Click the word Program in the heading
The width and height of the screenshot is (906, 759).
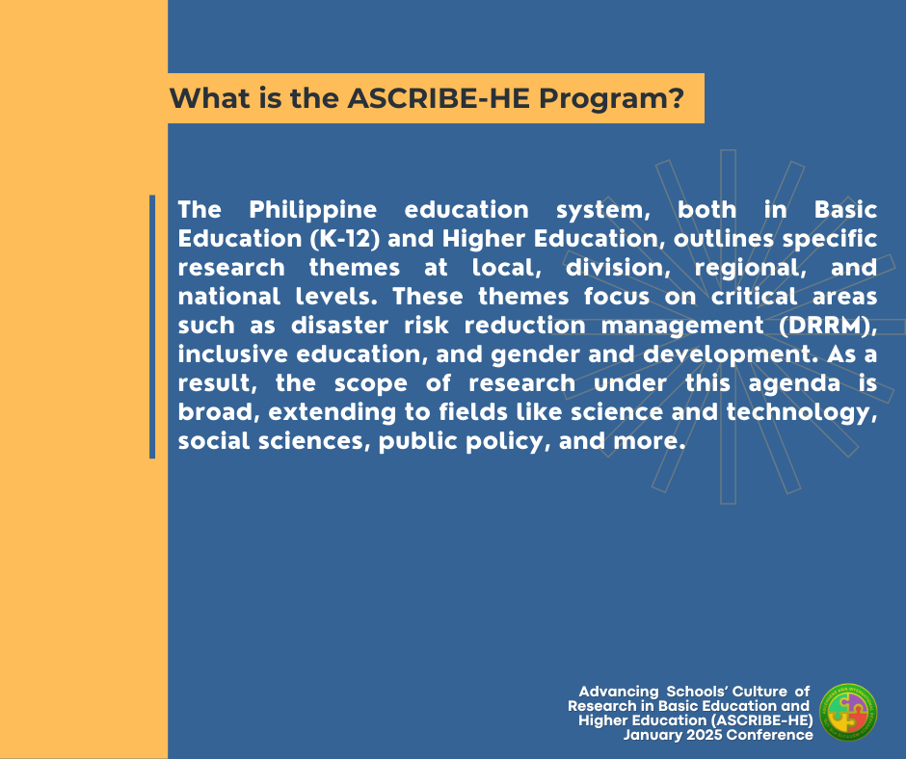pyautogui.click(x=611, y=99)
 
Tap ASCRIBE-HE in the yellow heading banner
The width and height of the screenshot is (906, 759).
pyautogui.click(x=440, y=98)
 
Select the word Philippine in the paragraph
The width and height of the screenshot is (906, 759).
pyautogui.click(x=312, y=211)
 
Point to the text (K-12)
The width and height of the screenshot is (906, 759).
pyautogui.click(x=344, y=239)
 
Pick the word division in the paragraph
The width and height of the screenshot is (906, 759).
pyautogui.click(x=618, y=268)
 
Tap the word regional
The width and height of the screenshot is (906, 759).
pyautogui.click(x=750, y=269)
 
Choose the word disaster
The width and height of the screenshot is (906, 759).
pyautogui.click(x=339, y=326)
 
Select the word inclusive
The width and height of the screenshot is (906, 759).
pyautogui.click(x=232, y=354)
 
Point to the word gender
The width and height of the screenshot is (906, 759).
pyautogui.click(x=535, y=355)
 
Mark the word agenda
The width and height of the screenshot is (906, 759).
pyautogui.click(x=794, y=384)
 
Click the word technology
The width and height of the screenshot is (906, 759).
pyautogui.click(x=801, y=412)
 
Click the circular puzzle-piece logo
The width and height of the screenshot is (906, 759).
pyautogui.click(x=848, y=712)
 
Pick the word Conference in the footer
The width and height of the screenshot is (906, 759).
pyautogui.click(x=770, y=735)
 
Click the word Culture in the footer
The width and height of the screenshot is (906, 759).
pyautogui.click(x=759, y=692)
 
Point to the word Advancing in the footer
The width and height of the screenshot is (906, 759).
pyautogui.click(x=619, y=692)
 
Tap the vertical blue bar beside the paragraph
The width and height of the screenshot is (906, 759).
pyautogui.click(x=152, y=327)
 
